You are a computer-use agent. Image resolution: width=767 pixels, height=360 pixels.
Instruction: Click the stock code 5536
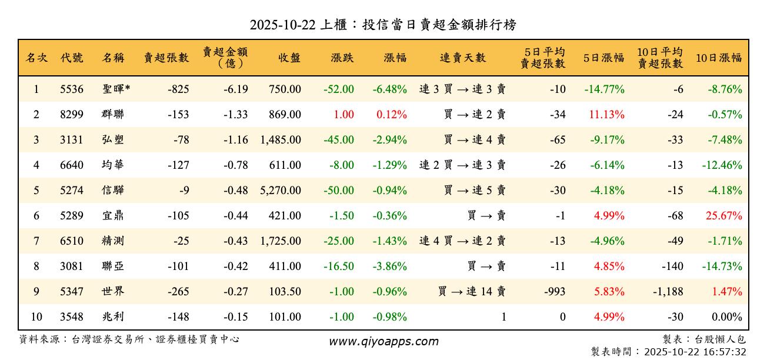pyautogui.click(x=72, y=89)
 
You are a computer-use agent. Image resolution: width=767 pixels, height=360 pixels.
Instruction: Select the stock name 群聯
pyautogui.click(x=113, y=115)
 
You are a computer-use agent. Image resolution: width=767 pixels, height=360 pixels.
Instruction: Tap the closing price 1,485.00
pyautogui.click(x=281, y=140)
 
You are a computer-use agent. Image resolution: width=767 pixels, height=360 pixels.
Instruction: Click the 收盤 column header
pyautogui.click(x=289, y=58)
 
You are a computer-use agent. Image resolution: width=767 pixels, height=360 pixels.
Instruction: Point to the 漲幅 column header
pyautogui.click(x=395, y=58)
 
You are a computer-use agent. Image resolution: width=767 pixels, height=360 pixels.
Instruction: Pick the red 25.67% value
pyautogui.click(x=725, y=216)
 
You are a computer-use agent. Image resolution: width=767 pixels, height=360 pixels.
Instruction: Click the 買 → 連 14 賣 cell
pyautogui.click(x=472, y=292)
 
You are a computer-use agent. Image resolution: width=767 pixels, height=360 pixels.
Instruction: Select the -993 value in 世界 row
pyautogui.click(x=555, y=292)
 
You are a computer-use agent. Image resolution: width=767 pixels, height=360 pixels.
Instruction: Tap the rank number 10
pyautogui.click(x=36, y=317)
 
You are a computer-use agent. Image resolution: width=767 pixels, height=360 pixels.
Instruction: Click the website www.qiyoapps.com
pyautogui.click(x=383, y=342)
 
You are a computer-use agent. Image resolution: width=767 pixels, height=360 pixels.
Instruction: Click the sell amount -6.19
pyautogui.click(x=236, y=89)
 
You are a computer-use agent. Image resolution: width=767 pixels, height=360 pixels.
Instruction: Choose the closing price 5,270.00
pyautogui.click(x=281, y=191)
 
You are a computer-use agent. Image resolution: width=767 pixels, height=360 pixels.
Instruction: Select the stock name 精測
pyautogui.click(x=113, y=241)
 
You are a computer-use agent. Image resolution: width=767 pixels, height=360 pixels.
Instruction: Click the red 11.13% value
pyautogui.click(x=606, y=115)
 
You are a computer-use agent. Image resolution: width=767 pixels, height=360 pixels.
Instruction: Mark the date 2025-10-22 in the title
pyautogui.click(x=282, y=25)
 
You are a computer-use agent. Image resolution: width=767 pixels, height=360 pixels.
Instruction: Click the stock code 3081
pyautogui.click(x=72, y=266)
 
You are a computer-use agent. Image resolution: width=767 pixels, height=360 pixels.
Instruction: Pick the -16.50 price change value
pyautogui.click(x=339, y=266)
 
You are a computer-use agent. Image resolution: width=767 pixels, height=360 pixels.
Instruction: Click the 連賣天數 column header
pyautogui.click(x=463, y=58)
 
